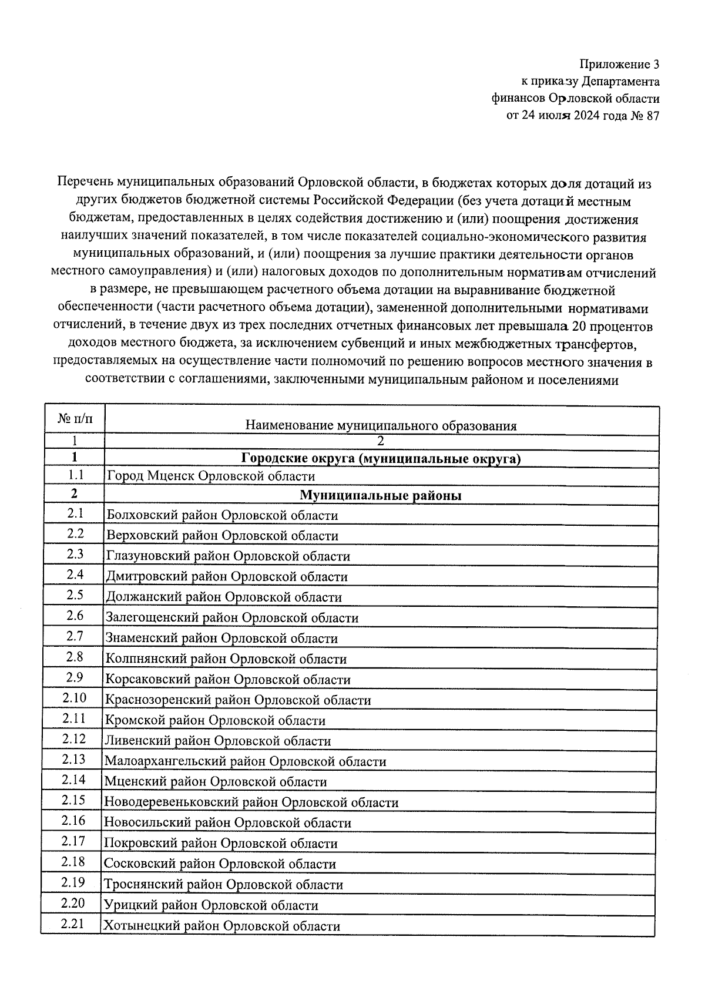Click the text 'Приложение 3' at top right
tap(619, 64)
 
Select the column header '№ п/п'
tap(75, 419)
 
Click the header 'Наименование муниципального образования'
tap(381, 426)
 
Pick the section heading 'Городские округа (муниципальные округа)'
tap(381, 459)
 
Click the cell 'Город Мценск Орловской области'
tap(210, 476)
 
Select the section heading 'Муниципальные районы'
tap(381, 496)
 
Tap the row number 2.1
tap(75, 514)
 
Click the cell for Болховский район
tap(222, 516)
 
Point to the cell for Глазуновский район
tap(228, 556)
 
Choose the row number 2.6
tap(75, 616)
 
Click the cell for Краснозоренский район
tap(238, 700)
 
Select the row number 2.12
tap(74, 739)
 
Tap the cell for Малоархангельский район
tap(246, 762)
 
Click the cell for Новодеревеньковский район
tap(251, 802)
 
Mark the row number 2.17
tap(73, 841)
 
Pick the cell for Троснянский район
tap(223, 885)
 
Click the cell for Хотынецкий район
tap(221, 926)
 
